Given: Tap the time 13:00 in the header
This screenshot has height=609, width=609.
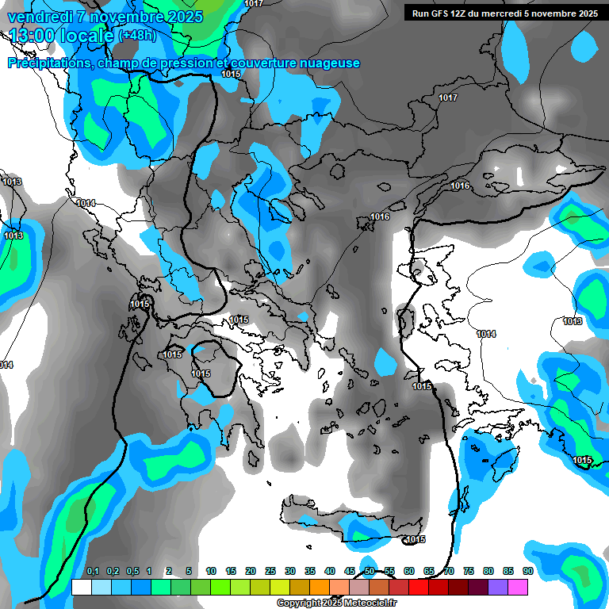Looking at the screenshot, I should tap(35, 36).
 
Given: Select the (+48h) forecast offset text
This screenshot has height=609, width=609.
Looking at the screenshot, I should tap(137, 36).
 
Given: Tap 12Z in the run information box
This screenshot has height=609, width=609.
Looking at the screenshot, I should tap(462, 13).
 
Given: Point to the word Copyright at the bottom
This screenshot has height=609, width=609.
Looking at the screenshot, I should tap(298, 603).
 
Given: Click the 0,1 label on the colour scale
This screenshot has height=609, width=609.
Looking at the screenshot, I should tap(93, 572).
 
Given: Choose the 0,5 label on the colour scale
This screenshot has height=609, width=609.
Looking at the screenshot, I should tap(132, 572).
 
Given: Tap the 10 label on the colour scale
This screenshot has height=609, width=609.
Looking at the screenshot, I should tap(211, 572).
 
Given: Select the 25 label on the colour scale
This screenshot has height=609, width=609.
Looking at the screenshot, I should tap(270, 572).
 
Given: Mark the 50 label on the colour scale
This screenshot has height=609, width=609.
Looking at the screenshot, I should tap(370, 572).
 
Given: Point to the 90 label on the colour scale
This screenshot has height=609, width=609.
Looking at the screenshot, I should tap(528, 572).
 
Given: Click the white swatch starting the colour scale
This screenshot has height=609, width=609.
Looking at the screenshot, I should tap(81, 588).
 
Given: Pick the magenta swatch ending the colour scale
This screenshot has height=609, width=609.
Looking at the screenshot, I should tap(518, 588).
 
